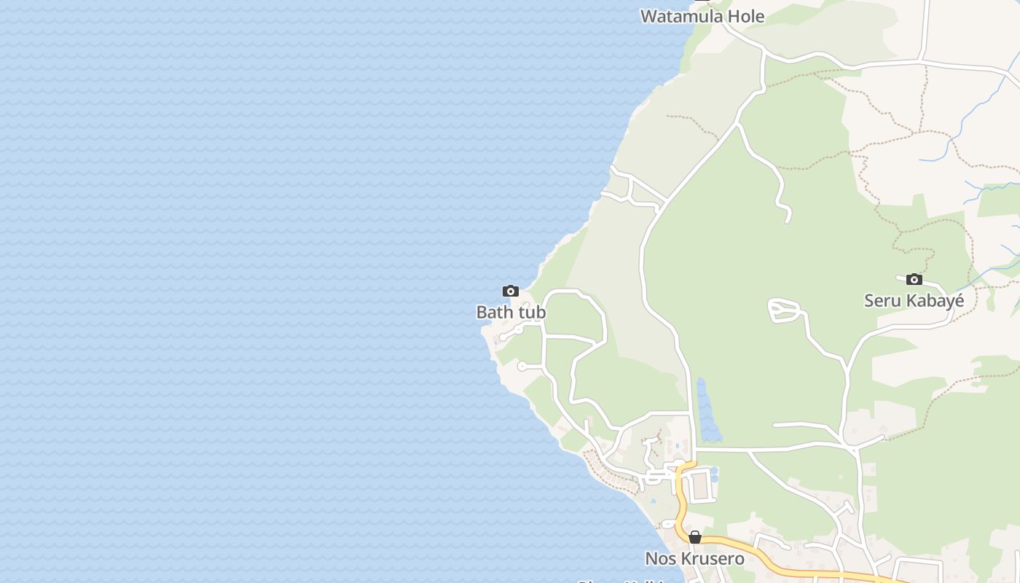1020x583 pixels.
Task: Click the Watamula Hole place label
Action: [702, 16]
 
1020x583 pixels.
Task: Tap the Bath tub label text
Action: [511, 312]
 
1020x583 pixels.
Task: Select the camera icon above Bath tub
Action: [511, 291]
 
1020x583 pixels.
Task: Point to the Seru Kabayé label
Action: [914, 300]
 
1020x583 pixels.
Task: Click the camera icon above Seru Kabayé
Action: [914, 279]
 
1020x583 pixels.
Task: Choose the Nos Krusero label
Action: [694, 559]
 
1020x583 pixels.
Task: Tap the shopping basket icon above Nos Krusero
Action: [695, 537]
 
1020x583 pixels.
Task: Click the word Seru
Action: [882, 300]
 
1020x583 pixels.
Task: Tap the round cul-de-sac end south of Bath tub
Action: [522, 366]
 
